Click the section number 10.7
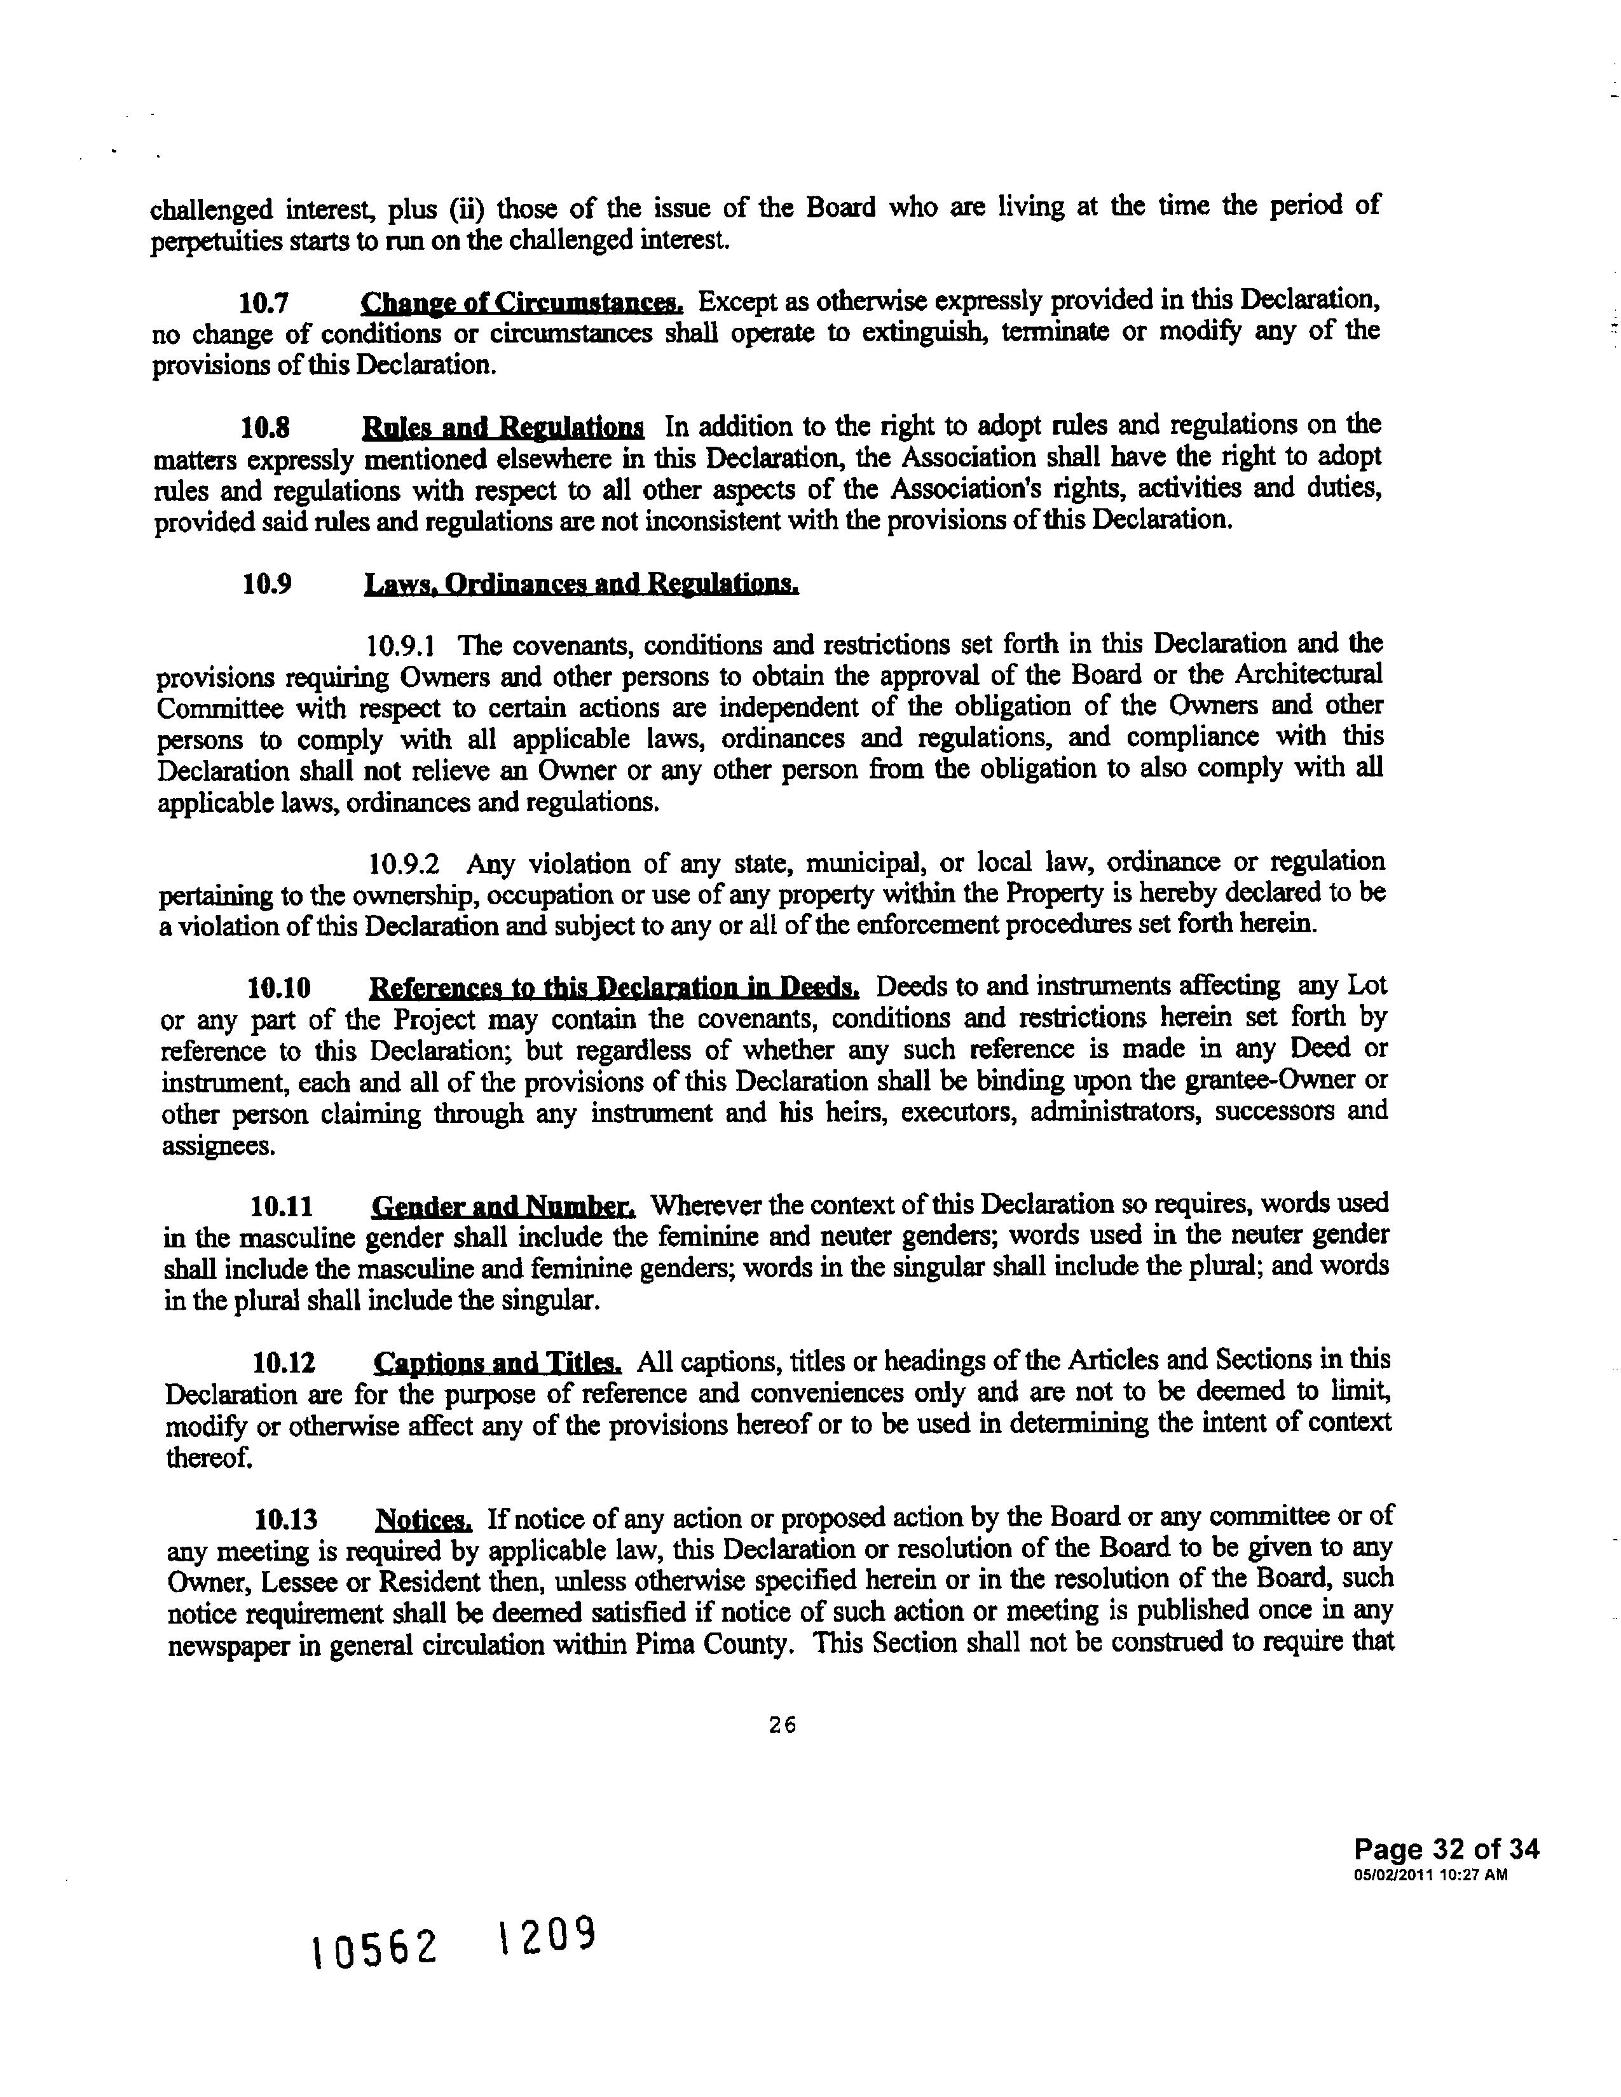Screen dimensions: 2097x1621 tap(264, 304)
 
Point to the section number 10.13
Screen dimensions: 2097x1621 tap(286, 1521)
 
